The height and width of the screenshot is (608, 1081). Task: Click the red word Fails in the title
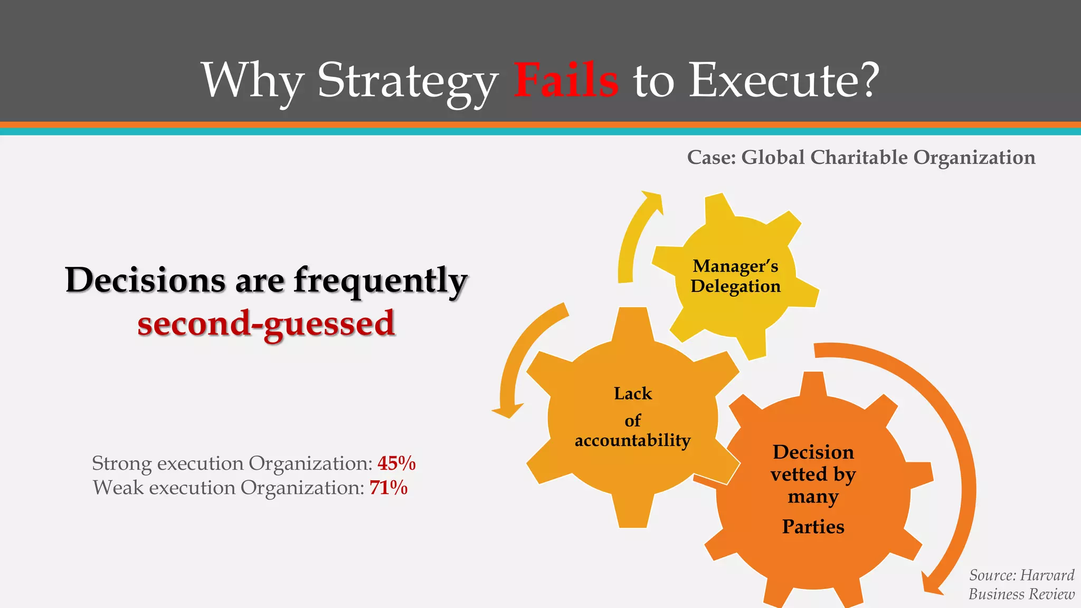coord(566,80)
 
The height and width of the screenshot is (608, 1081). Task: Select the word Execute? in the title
coord(784,80)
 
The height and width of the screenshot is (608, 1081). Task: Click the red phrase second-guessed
coord(266,324)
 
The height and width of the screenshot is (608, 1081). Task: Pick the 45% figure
coord(396,463)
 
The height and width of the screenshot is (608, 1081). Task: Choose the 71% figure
coord(388,488)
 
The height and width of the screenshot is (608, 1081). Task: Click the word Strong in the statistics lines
coord(122,463)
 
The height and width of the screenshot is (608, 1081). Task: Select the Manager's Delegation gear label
coord(735,276)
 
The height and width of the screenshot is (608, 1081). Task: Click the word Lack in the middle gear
coord(633,394)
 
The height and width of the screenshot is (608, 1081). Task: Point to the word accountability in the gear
coord(632,440)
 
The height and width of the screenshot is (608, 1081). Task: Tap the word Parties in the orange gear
coord(813,527)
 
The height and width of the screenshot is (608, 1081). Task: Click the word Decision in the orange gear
coord(813,452)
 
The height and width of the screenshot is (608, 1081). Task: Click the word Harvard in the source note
coord(1047,575)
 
